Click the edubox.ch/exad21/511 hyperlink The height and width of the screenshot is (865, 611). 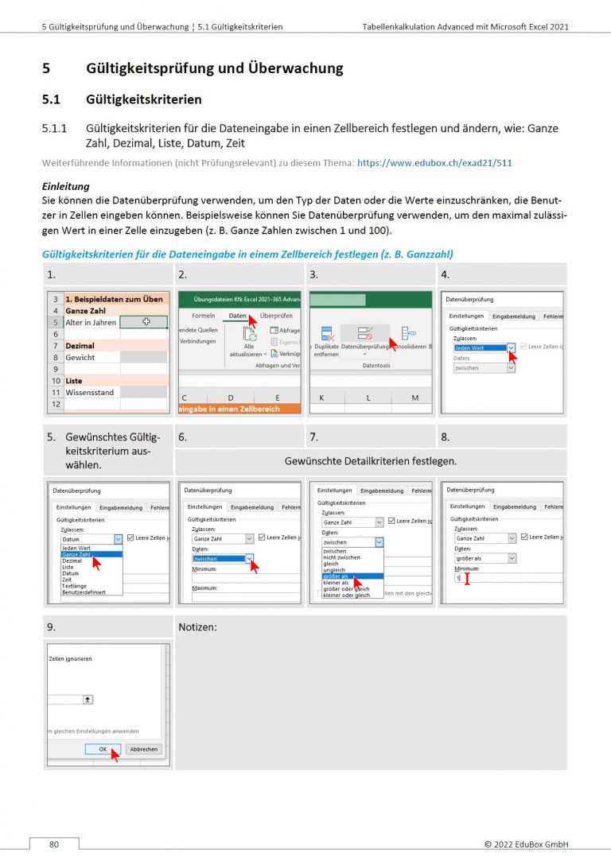pyautogui.click(x=434, y=162)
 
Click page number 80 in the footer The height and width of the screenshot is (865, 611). pyautogui.click(x=54, y=844)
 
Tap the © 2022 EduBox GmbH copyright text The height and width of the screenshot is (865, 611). pyautogui.click(x=526, y=844)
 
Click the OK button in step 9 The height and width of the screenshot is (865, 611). pyautogui.click(x=103, y=749)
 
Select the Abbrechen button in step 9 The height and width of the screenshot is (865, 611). pyautogui.click(x=144, y=749)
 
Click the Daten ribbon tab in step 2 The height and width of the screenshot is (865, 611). pyautogui.click(x=237, y=316)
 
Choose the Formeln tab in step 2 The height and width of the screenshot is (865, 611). pyautogui.click(x=204, y=316)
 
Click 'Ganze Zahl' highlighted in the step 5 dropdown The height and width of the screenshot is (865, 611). pyautogui.click(x=84, y=554)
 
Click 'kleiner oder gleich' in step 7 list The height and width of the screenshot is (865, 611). pyautogui.click(x=346, y=595)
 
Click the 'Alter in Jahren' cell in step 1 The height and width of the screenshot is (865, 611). pyautogui.click(x=91, y=323)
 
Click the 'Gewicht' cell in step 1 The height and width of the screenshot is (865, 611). pyautogui.click(x=80, y=358)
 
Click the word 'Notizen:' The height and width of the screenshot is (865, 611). pyautogui.click(x=198, y=627)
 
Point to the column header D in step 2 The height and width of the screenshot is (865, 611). pyautogui.click(x=231, y=397)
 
